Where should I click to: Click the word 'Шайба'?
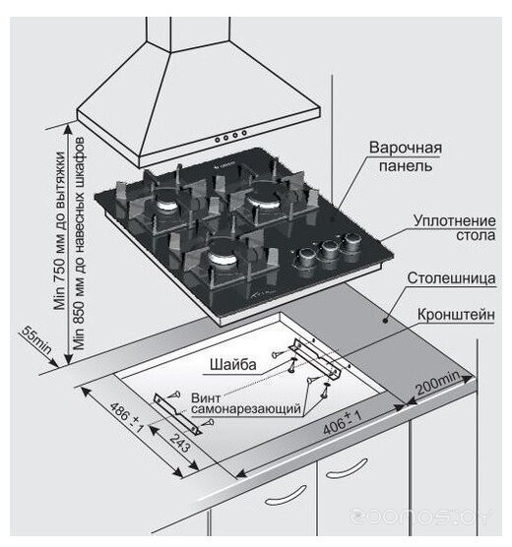pos(232,365)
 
